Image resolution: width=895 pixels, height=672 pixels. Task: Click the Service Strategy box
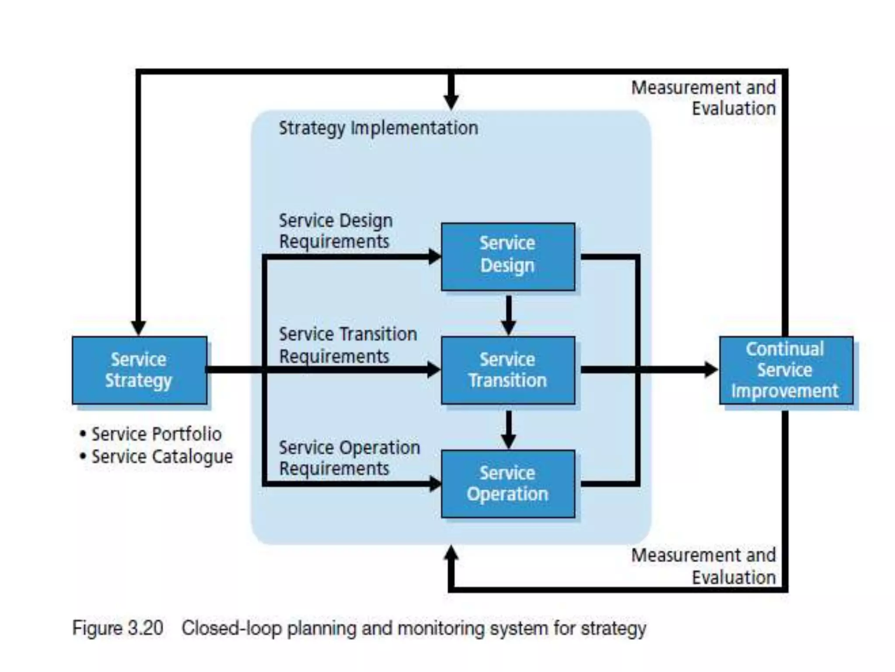pos(139,370)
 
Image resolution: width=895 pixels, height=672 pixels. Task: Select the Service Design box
pos(508,256)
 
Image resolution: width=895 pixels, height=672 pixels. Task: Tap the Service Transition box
pos(508,370)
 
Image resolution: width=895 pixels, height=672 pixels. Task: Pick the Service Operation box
pos(508,483)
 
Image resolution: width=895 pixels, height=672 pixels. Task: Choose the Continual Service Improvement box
pos(786,370)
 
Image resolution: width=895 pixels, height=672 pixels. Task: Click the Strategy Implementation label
pos(378,128)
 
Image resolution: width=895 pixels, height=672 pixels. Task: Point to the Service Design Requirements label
pos(335,231)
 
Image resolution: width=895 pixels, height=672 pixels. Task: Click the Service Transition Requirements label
pos(347,345)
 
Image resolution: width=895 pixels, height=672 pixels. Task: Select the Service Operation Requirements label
pos(349,458)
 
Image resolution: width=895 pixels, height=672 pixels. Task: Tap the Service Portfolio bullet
pos(156,434)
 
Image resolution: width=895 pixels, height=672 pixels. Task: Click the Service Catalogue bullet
pos(162,457)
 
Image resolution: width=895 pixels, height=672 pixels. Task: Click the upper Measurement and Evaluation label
pos(704,98)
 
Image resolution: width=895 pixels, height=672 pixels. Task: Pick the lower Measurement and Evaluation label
pos(704,566)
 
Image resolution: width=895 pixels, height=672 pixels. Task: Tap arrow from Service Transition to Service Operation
pos(508,429)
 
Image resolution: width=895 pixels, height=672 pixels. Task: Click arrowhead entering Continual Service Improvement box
pos(711,370)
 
